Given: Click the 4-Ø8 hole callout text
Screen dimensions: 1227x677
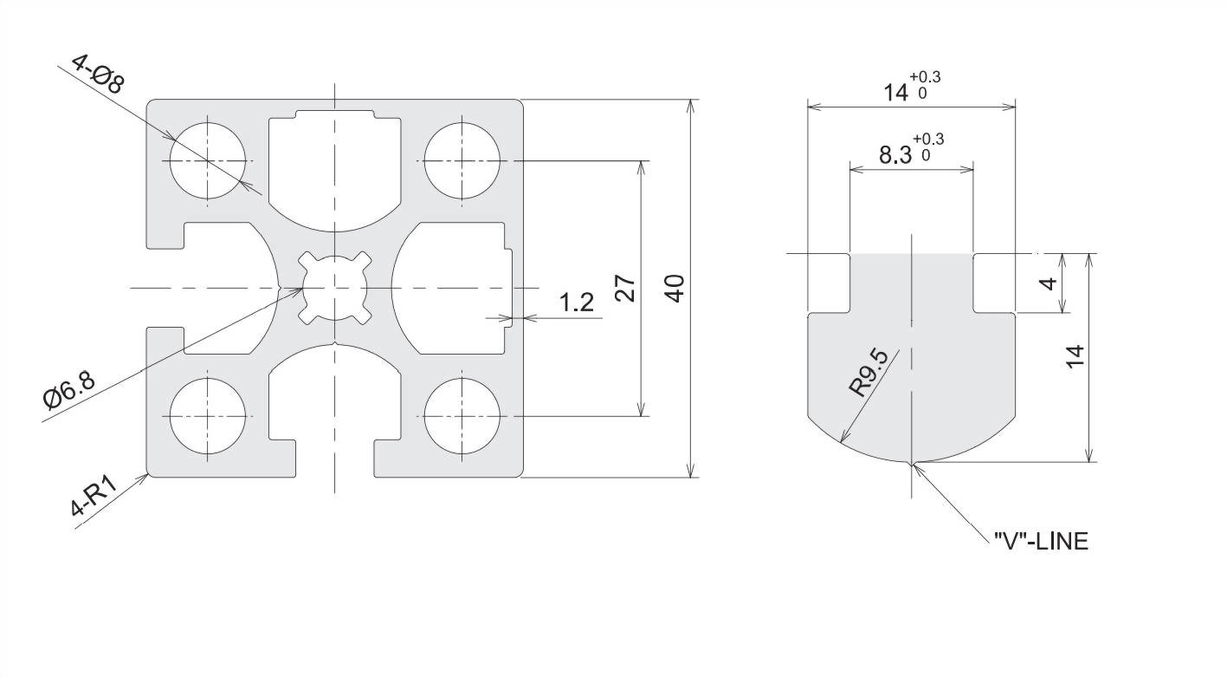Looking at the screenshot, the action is coord(99,74).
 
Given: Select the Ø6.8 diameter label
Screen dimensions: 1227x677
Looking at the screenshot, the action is coord(69,390).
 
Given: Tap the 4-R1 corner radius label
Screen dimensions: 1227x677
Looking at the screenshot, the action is coord(94,496).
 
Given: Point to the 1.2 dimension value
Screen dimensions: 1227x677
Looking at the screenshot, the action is coord(576,302).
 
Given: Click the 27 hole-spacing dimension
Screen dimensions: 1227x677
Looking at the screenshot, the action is coord(625,289).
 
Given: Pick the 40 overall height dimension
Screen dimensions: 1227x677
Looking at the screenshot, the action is coord(677,289).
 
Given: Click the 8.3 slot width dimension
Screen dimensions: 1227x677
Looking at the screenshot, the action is coord(895,155).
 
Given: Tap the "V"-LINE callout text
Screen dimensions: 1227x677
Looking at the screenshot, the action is coord(1041,542).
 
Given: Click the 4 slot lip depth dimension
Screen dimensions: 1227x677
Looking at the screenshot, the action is coord(1049,283).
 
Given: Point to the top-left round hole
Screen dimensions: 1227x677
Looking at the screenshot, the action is coord(208,160).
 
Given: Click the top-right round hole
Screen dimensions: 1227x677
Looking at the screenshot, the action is coord(462,160).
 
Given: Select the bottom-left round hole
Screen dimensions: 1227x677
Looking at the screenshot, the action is coord(208,416).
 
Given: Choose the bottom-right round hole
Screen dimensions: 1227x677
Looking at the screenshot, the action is coord(462,416).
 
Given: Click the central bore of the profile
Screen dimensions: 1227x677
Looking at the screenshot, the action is coord(335,288).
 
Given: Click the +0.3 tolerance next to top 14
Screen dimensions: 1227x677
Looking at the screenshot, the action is coord(925,77).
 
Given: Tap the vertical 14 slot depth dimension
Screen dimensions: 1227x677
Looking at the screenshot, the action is coord(1075,356).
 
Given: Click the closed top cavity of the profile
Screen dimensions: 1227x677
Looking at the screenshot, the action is coord(335,170).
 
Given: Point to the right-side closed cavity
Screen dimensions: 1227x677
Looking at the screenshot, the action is coord(452,288).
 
